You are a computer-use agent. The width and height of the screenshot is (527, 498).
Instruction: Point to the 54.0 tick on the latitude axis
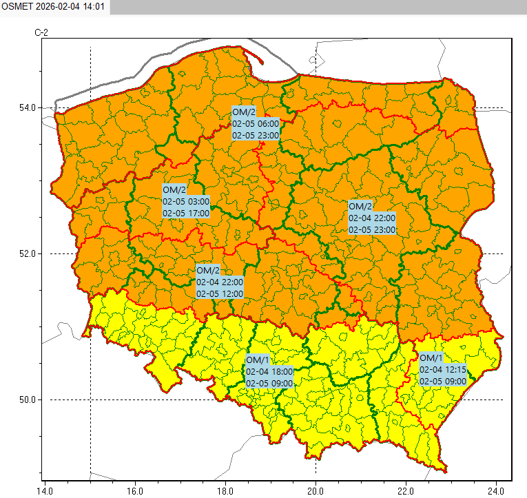pos(28,107)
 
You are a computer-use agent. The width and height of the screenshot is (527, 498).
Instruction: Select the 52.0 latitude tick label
pos(28,253)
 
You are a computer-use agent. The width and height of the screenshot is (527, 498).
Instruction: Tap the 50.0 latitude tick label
pos(28,400)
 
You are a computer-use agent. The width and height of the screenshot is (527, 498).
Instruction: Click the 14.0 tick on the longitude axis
pos(45,492)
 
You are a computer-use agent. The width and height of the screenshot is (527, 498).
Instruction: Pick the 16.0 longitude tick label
pos(135,492)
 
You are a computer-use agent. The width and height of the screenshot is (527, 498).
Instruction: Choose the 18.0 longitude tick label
pos(225,492)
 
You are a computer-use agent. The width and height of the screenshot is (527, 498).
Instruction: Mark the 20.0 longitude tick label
pos(316,492)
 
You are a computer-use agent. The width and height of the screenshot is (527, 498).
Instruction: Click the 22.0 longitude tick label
pos(406,492)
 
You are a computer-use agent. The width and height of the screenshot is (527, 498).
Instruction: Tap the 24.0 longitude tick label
pos(495,492)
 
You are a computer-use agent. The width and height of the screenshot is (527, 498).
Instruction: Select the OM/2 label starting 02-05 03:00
pos(186,201)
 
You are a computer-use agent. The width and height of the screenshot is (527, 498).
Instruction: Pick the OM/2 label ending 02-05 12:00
pos(219,281)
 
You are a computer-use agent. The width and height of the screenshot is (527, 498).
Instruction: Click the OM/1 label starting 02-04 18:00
pos(269,371)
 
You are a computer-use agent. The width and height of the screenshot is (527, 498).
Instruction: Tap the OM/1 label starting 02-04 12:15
pos(443,370)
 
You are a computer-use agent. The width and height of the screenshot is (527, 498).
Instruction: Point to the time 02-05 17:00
pos(186,214)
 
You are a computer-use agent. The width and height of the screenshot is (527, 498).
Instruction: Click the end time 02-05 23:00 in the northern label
pos(255,136)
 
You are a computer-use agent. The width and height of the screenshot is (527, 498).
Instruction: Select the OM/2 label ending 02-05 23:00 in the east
pos(372,218)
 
